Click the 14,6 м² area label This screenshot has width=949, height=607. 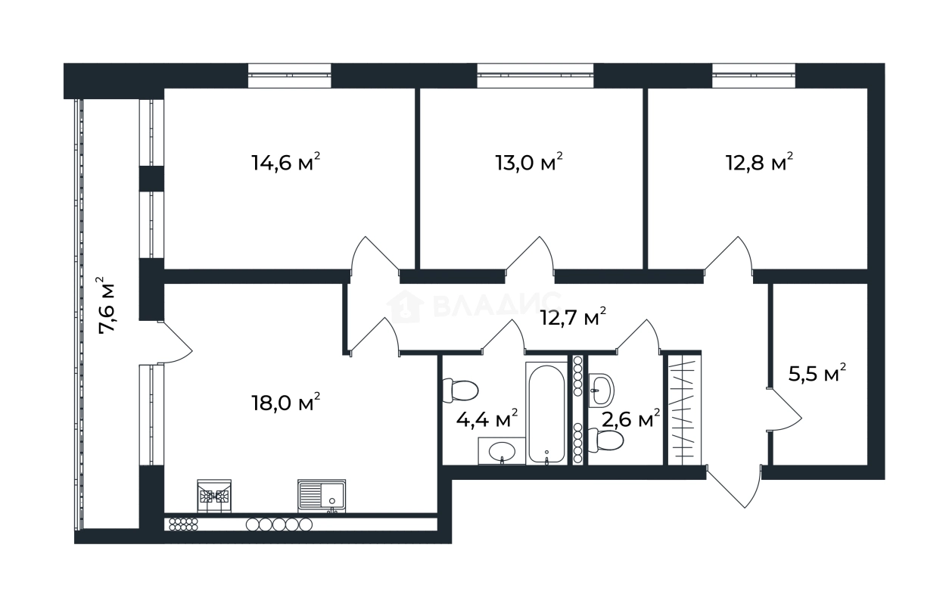click(285, 162)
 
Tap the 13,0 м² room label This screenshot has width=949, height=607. click(529, 162)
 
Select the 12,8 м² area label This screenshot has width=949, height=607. click(759, 162)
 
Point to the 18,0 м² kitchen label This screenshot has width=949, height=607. click(285, 402)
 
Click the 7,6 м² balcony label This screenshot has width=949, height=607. click(107, 306)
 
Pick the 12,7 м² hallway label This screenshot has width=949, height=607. click(573, 316)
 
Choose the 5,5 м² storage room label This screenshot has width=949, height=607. click(817, 373)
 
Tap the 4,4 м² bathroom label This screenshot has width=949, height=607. click(487, 419)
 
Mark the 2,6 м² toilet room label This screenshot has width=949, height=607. click(630, 419)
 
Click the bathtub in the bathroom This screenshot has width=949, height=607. click(546, 413)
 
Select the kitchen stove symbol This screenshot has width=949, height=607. click(214, 496)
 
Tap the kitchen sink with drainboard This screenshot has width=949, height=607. click(322, 496)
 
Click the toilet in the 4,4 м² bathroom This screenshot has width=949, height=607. click(460, 391)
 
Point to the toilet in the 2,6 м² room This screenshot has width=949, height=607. click(606, 440)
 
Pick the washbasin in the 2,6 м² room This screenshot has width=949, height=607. click(601, 389)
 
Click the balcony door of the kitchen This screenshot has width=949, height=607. click(176, 343)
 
